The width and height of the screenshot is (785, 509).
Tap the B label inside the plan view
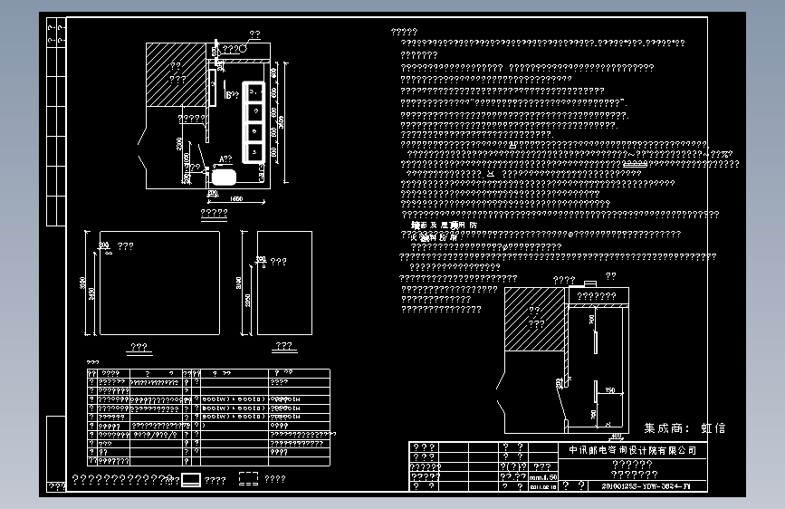tap(229, 93)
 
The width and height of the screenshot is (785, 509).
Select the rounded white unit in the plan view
tap(225, 174)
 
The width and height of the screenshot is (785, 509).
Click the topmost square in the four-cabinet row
tap(254, 91)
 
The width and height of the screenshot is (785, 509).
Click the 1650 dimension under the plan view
tap(237, 197)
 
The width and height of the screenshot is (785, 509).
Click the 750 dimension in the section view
tap(610, 390)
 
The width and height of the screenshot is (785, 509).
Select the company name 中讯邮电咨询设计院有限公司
tap(632, 450)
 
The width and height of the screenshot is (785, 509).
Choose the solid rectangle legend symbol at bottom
tap(191, 480)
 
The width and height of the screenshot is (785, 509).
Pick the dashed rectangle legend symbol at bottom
tap(248, 480)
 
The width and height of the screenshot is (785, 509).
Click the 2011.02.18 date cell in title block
tap(542, 486)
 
